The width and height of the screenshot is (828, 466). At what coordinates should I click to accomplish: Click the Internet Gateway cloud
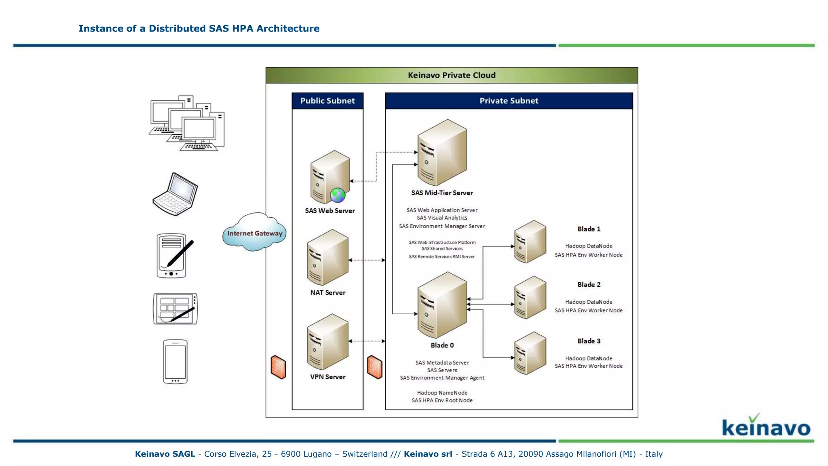click(254, 233)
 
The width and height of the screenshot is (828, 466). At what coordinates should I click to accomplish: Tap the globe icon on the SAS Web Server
click(337, 195)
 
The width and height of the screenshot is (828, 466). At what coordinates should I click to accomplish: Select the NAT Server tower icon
click(327, 257)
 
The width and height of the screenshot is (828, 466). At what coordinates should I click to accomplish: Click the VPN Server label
click(327, 377)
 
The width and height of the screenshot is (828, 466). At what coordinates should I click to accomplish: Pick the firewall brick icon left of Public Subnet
click(278, 367)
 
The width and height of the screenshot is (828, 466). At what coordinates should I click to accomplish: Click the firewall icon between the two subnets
click(374, 367)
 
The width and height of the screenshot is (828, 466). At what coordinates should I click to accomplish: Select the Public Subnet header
click(327, 101)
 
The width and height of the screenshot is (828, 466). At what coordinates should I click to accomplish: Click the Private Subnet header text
click(509, 101)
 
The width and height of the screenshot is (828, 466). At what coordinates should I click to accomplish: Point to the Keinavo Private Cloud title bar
click(452, 75)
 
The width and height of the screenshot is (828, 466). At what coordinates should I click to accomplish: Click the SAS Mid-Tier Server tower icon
click(442, 153)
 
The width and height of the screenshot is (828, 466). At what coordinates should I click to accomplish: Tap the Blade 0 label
click(442, 345)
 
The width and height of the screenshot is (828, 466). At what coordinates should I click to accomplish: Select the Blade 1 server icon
click(530, 241)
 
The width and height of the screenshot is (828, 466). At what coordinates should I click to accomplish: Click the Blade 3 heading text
click(589, 341)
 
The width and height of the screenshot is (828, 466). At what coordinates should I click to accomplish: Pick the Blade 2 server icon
click(530, 297)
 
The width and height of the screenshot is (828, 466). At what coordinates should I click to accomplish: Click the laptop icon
click(175, 194)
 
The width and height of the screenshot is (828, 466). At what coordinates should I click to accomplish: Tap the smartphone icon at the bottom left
click(175, 361)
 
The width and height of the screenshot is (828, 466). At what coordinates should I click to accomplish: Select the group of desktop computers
click(187, 123)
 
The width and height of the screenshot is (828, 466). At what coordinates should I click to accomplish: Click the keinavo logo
click(766, 426)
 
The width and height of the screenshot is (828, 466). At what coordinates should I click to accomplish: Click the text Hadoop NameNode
click(442, 393)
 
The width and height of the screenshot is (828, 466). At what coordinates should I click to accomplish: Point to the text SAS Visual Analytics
click(442, 218)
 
